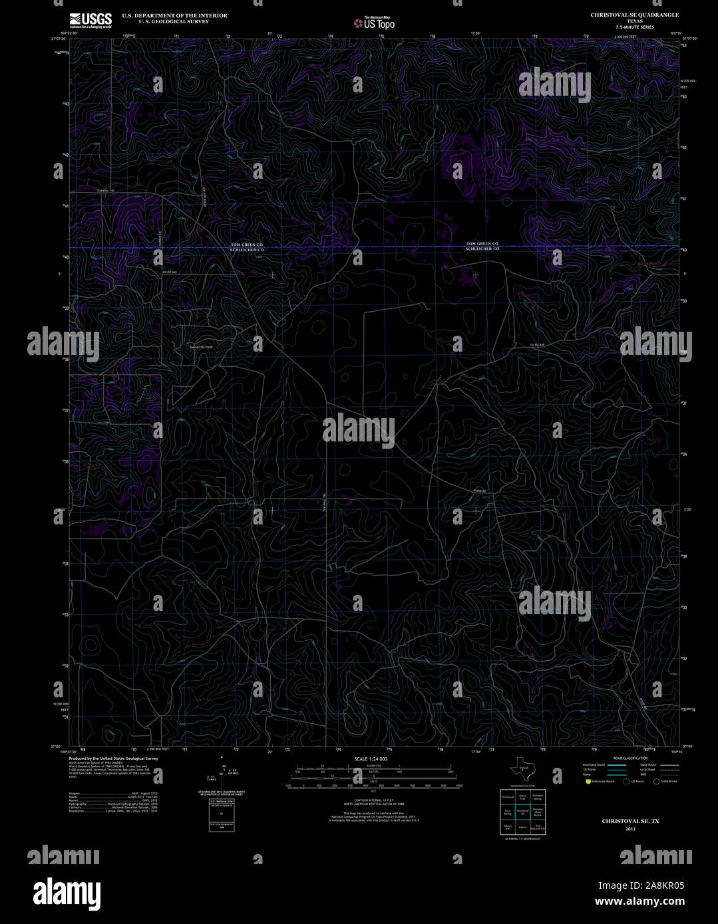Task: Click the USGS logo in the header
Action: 90,19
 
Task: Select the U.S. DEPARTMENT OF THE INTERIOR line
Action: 174,15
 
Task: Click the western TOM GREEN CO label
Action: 247,245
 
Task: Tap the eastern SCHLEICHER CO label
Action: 482,249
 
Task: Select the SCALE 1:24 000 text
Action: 371,758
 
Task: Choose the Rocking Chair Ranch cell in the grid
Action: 538,812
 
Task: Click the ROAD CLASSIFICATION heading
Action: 630,758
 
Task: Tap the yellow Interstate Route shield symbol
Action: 588,782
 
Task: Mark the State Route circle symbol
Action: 656,782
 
